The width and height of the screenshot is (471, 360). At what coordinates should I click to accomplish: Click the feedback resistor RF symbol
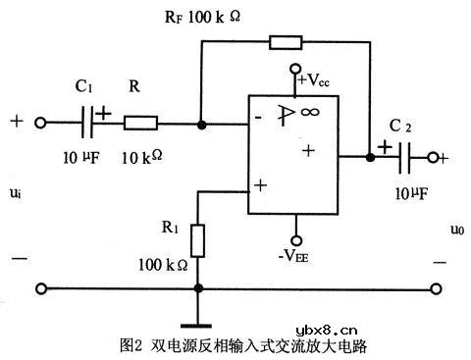287,42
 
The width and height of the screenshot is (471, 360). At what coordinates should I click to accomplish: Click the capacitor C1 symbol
90,125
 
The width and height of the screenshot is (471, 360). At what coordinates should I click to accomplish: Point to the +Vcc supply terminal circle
294,71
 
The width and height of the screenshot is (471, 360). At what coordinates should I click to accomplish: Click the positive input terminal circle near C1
42,125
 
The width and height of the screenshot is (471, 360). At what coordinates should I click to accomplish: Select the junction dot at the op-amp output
369,155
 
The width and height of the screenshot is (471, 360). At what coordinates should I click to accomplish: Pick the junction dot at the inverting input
201,125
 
